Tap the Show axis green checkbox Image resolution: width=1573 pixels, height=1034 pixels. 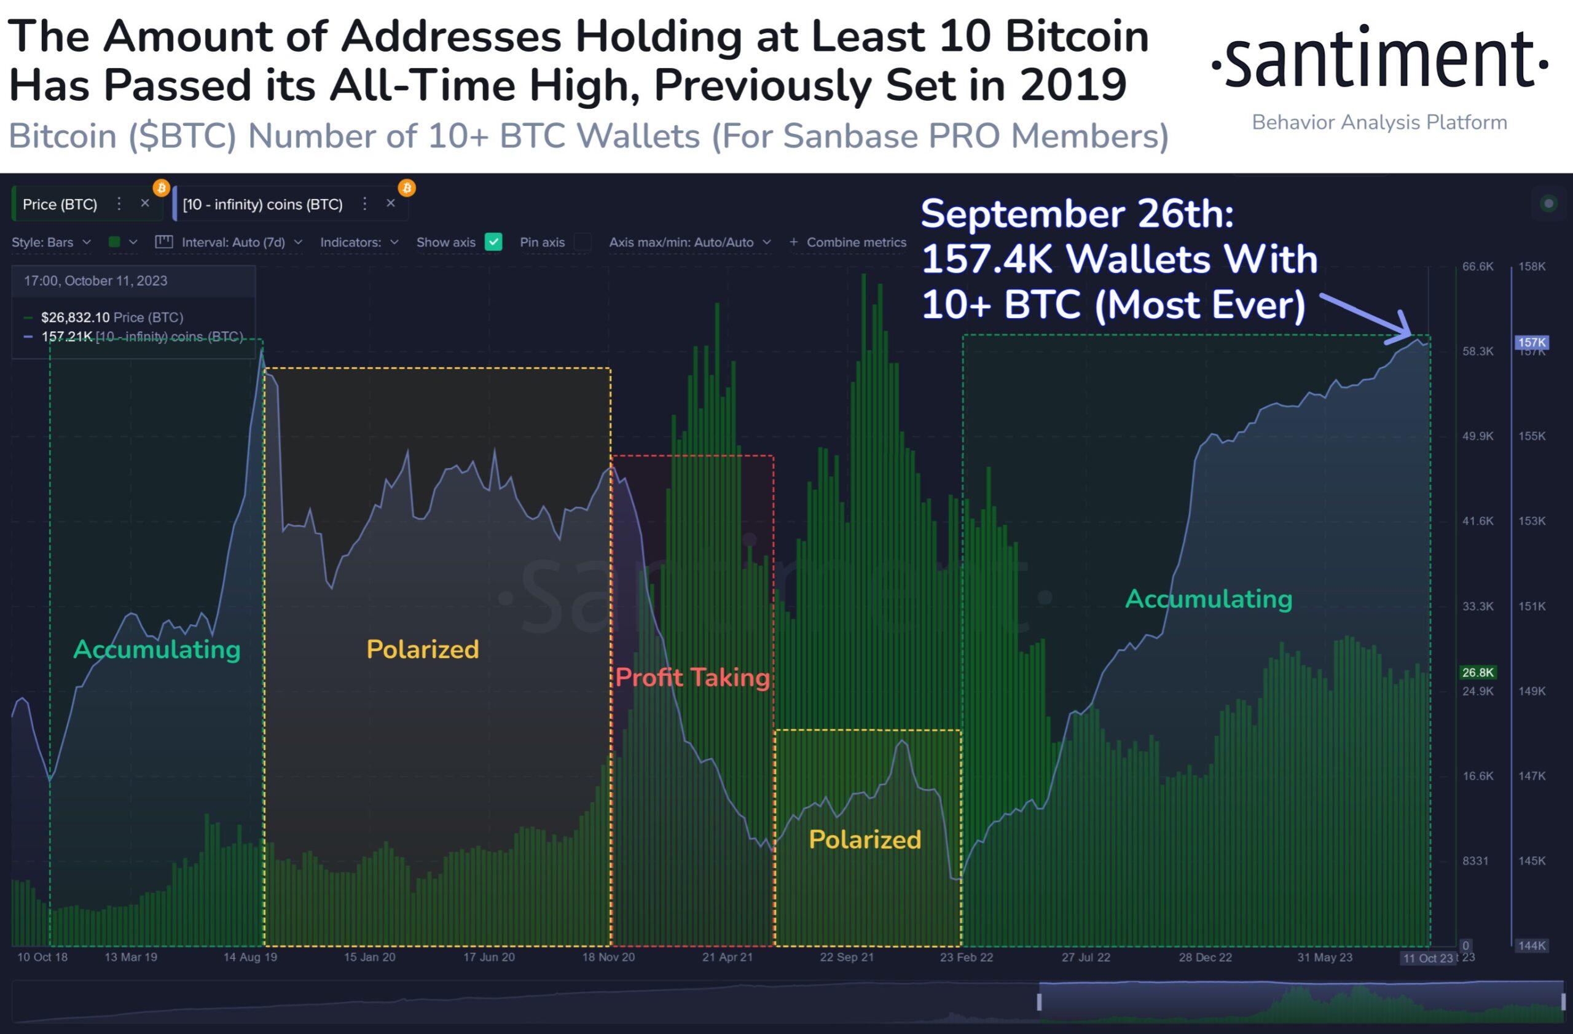pos(493,242)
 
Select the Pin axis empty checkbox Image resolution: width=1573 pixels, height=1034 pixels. pos(583,242)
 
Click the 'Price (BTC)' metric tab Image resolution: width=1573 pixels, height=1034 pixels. pos(60,204)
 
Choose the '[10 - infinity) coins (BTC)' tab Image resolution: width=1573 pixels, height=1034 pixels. pos(262,204)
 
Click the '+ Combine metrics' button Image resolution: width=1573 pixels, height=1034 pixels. pos(848,243)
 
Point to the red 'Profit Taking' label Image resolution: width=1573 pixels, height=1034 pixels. pos(692,677)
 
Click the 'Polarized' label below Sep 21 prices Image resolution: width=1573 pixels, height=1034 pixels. pos(865,839)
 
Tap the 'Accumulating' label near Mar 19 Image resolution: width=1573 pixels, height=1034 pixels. pos(157,649)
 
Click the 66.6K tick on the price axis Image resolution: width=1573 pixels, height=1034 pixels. pos(1477,266)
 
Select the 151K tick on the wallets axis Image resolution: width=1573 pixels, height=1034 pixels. pos(1531,606)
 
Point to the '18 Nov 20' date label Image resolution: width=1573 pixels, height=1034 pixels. pos(608,957)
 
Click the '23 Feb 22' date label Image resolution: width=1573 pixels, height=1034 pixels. pos(967,957)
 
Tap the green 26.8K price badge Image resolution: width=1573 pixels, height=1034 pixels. pos(1477,672)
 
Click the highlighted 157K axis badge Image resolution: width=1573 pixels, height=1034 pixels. pos(1531,342)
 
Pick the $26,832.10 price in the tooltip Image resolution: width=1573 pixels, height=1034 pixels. pos(75,318)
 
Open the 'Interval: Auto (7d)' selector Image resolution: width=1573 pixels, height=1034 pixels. pos(233,243)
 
